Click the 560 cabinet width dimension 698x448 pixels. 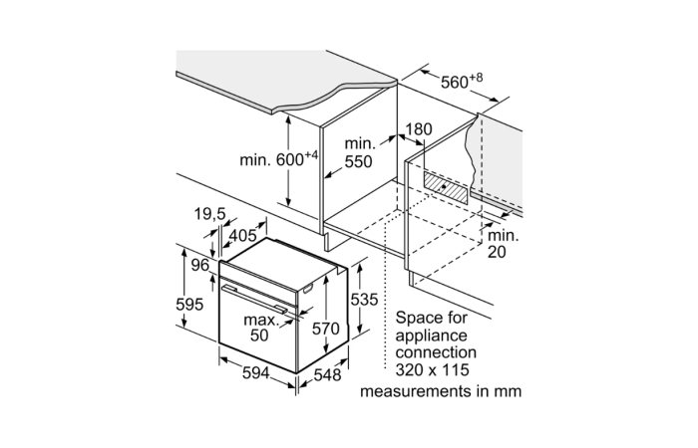tap(454, 83)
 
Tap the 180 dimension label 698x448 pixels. tap(420, 129)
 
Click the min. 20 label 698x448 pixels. tap(504, 244)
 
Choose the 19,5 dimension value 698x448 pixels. tap(211, 214)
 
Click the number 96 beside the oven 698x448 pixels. tap(200, 265)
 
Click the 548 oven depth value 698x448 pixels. tap(328, 375)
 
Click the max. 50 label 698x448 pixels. tap(259, 328)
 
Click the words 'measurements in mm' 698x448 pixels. tap(441, 391)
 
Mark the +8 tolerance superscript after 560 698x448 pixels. tap(479, 77)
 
